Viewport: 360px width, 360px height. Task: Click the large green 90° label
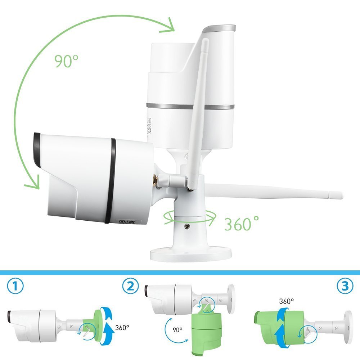[x=66, y=61]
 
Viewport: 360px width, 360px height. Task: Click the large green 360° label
[x=241, y=224]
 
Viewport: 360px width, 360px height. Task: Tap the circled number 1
[x=15, y=286]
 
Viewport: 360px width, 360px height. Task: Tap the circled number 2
[x=130, y=286]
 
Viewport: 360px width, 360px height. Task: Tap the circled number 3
[x=345, y=286]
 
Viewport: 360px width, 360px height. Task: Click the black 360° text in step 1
[x=122, y=327]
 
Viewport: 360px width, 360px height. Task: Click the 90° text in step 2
[x=177, y=330]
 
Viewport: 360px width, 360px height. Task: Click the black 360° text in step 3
[x=286, y=301]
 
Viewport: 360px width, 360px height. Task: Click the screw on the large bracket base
[x=188, y=226]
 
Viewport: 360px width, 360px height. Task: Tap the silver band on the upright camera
[x=190, y=106]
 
